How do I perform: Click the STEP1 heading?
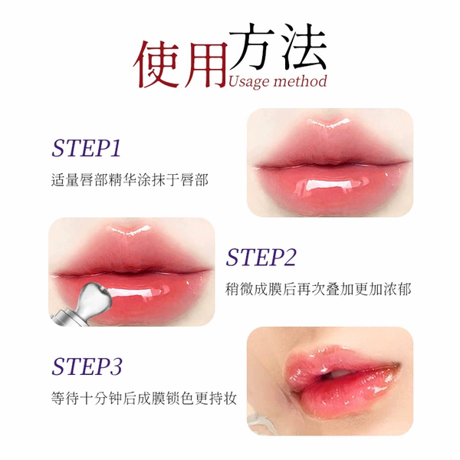pos(86,148)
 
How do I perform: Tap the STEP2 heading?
pos(261,258)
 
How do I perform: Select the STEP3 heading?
pos(87,366)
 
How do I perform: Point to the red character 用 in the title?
pos(206,65)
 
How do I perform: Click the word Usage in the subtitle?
pos(248,82)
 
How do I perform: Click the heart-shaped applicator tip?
pos(96,295)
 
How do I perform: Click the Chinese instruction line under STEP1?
pos(130,180)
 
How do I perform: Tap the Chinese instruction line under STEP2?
pos(318,289)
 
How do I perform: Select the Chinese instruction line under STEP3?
pos(144,399)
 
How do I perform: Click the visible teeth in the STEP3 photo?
pos(340,373)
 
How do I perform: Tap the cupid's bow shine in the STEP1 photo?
pos(330,123)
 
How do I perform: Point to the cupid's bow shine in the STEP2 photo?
pos(130,230)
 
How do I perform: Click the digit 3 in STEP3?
pos(117,366)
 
